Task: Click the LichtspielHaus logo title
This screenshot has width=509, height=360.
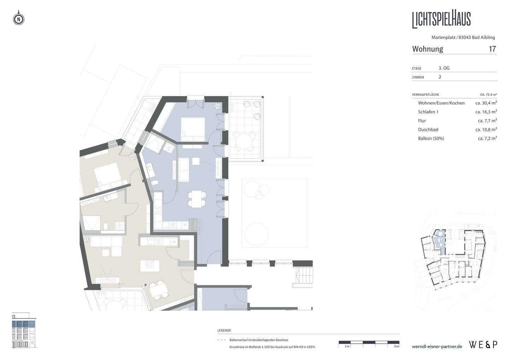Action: pos(441,20)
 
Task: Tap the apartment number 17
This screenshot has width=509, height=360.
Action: pos(492,49)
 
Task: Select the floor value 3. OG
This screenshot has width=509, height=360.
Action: pos(444,68)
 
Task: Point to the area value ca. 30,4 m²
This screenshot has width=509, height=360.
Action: pos(486,103)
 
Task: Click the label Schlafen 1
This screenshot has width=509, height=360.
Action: pos(428,112)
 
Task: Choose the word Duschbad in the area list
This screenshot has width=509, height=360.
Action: pos(428,129)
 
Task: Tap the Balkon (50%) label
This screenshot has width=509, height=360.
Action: pos(431,138)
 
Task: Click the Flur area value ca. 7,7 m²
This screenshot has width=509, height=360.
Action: pos(487,121)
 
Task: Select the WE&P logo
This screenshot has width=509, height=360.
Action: pos(483,345)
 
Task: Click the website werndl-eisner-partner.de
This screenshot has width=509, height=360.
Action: pos(437,347)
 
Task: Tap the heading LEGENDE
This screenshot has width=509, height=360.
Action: pos(224,330)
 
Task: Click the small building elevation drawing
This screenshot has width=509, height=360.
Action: pos(24,330)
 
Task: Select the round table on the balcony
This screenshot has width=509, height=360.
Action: pos(244,141)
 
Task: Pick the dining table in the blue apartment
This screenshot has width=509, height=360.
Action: pos(197,199)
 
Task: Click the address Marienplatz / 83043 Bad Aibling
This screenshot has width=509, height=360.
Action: pos(463,37)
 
